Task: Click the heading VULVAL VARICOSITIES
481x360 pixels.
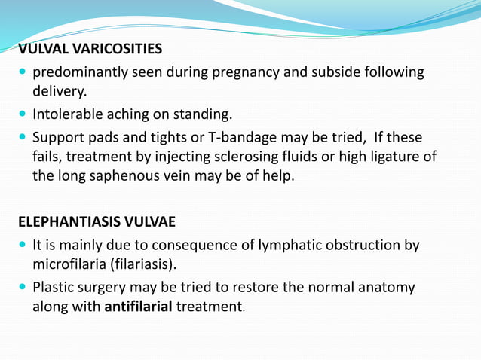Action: point(90,50)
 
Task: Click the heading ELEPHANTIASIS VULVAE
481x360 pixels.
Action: point(96,222)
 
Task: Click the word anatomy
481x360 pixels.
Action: point(386,287)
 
